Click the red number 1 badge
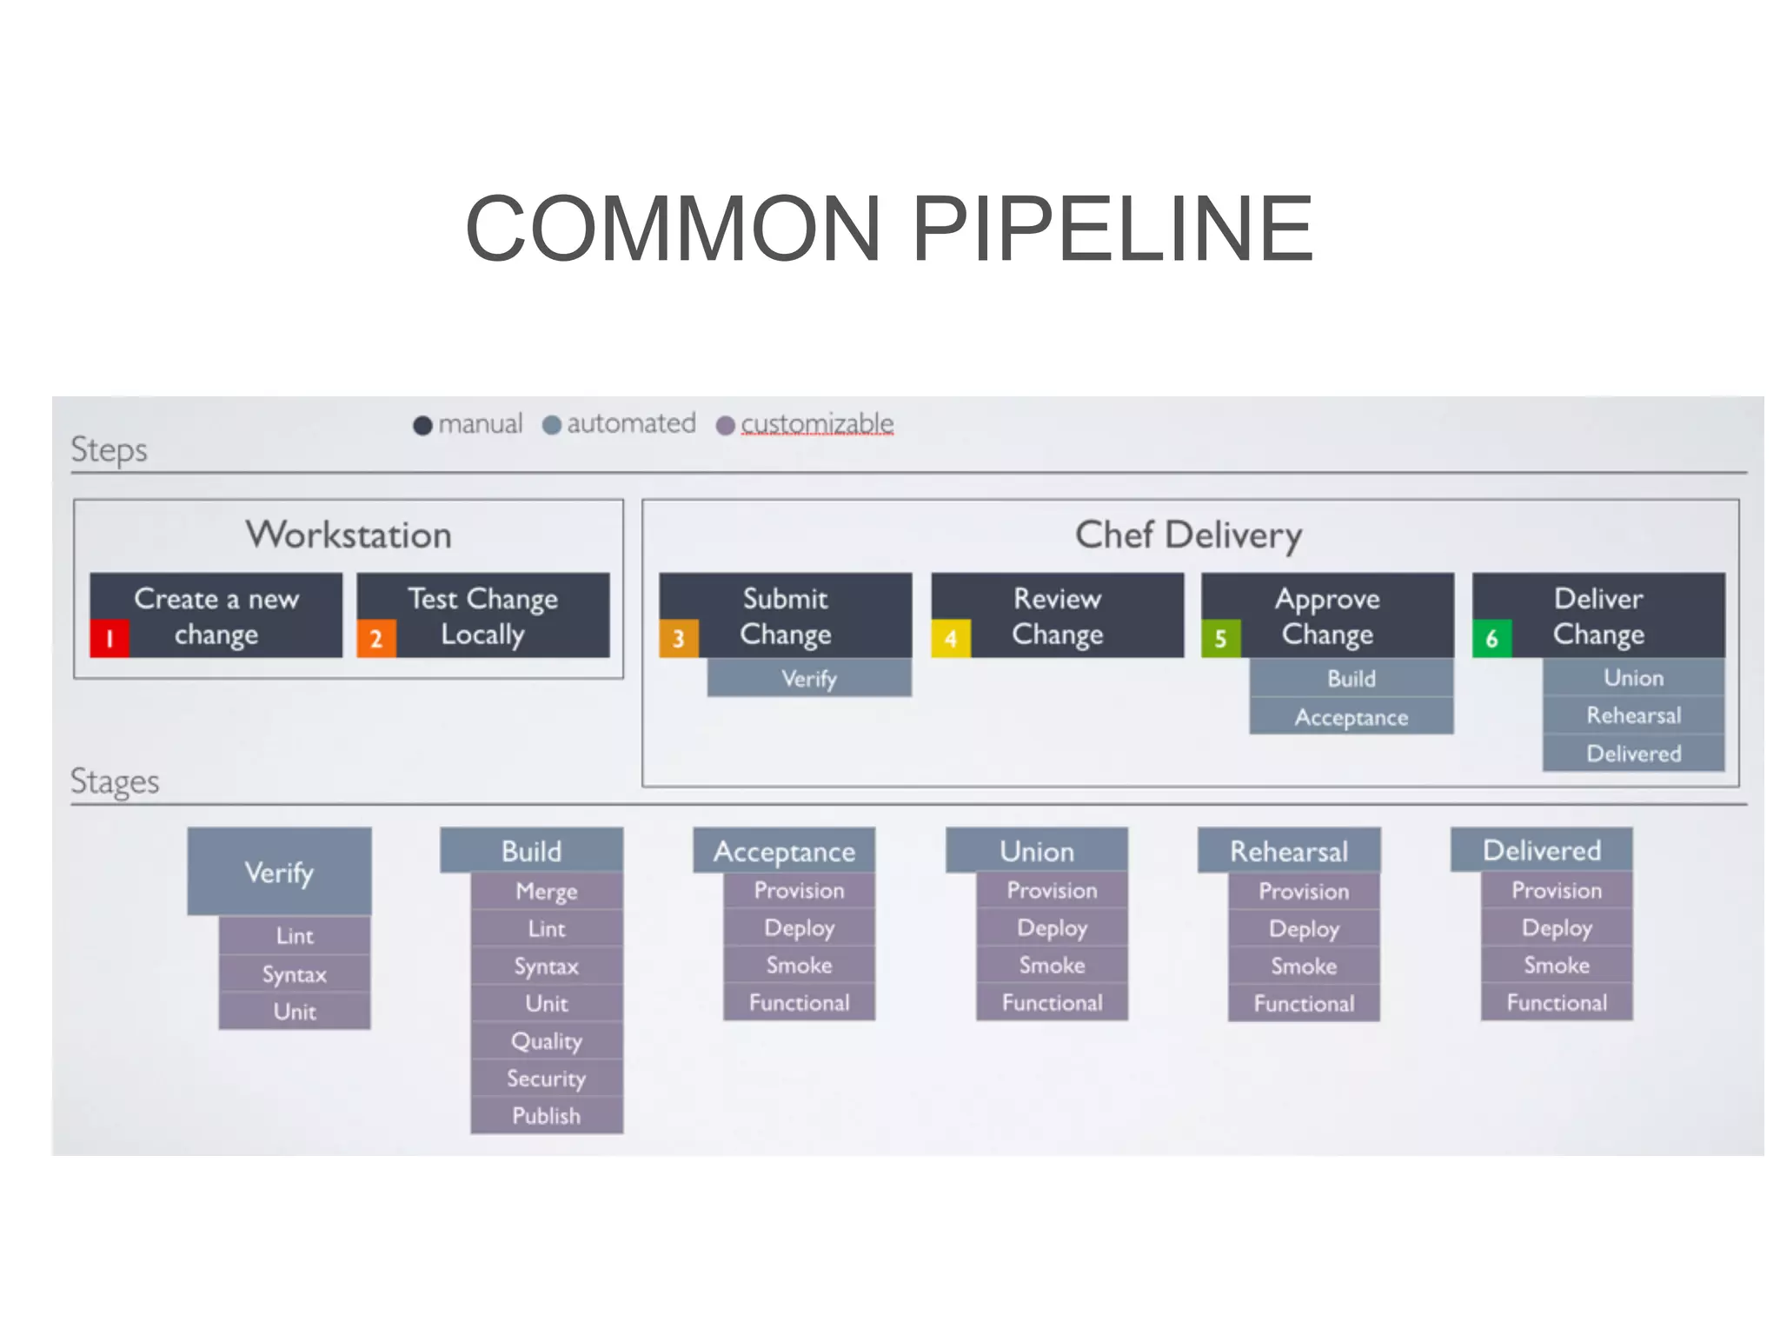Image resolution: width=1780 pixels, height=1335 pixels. click(110, 639)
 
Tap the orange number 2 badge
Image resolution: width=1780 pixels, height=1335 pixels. click(376, 639)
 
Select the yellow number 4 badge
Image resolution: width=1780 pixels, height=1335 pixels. click(951, 639)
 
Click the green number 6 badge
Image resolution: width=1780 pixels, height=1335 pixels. click(1491, 639)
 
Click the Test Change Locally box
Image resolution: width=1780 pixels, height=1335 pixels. click(483, 615)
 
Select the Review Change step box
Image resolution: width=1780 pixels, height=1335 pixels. click(1057, 615)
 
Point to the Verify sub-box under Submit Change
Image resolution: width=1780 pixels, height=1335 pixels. click(809, 678)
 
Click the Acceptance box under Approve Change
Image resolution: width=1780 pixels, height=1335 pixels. click(1351, 717)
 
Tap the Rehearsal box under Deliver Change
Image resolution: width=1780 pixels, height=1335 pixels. click(1633, 715)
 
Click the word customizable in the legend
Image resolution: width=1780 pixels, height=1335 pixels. click(817, 423)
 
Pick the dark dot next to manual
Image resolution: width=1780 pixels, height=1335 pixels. click(422, 425)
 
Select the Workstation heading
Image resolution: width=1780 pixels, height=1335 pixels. click(349, 535)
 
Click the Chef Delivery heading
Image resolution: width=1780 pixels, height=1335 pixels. click(1188, 535)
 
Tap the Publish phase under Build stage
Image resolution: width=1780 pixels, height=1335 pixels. click(546, 1116)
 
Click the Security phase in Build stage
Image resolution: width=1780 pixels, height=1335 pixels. click(546, 1079)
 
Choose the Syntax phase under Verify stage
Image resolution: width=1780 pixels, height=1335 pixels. click(295, 974)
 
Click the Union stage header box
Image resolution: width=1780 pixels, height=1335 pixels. click(1036, 851)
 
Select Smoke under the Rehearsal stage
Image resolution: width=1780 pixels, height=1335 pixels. click(1304, 966)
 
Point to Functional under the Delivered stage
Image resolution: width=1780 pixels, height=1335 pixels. click(1557, 1003)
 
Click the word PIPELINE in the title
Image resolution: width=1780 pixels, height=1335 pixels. click(1112, 229)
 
